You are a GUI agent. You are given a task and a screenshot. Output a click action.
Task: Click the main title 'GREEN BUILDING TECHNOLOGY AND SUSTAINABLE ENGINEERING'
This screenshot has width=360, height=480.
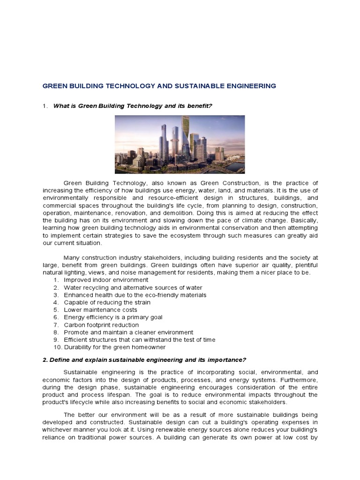[x=159, y=86]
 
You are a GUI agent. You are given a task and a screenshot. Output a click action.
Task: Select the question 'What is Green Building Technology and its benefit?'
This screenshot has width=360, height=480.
[x=133, y=106]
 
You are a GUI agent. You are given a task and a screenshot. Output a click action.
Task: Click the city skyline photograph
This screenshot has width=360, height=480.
[x=180, y=144]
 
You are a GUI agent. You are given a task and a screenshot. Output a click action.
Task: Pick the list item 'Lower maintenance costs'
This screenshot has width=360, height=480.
[x=100, y=310]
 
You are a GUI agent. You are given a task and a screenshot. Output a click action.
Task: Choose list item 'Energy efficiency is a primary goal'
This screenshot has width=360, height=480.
[x=113, y=317]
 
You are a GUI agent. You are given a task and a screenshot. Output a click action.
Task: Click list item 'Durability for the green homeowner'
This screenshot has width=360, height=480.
[x=115, y=347]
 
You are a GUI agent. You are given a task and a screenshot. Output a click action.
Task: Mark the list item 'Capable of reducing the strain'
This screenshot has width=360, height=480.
[x=107, y=302]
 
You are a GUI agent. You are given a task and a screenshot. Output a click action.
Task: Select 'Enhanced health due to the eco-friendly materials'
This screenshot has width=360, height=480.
[x=135, y=295]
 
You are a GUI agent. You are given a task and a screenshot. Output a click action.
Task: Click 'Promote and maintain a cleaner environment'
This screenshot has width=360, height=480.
[x=128, y=332]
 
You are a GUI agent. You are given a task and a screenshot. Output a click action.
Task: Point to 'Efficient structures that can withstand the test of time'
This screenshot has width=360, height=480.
[x=140, y=340]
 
